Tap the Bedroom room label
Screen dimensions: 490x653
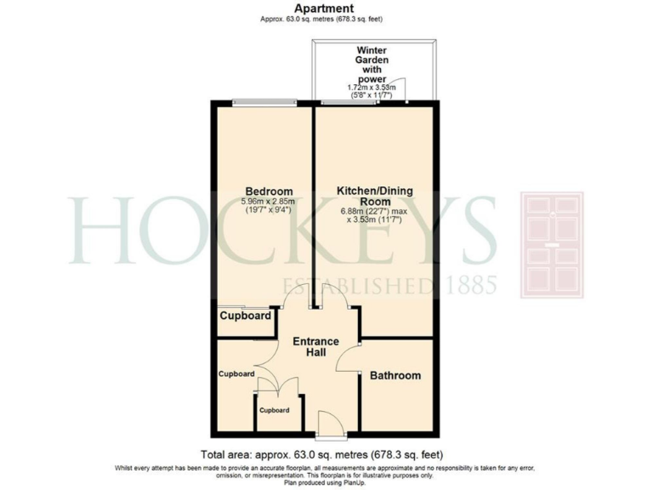click(x=269, y=190)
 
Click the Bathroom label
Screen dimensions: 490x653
click(x=395, y=375)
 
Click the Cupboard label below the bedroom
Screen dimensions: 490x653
click(x=246, y=316)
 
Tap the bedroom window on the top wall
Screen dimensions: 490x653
click(x=264, y=104)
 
